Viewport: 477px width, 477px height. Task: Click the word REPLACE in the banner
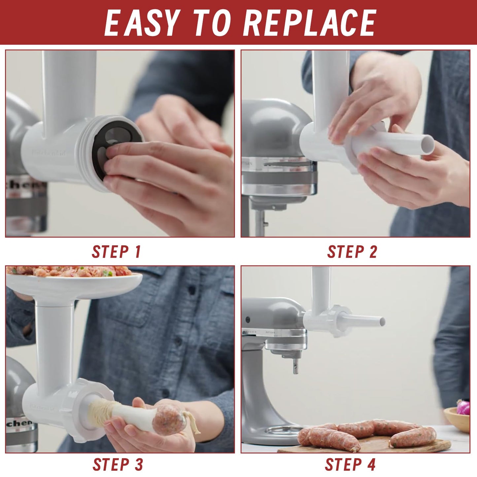[310, 22]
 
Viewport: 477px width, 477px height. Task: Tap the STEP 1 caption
[117, 252]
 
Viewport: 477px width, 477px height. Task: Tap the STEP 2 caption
[352, 252]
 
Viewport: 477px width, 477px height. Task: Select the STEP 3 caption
[118, 464]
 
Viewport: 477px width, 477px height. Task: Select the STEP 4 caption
[350, 464]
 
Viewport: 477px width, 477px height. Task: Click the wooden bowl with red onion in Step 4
[458, 418]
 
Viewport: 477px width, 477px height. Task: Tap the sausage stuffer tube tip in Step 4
[382, 321]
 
